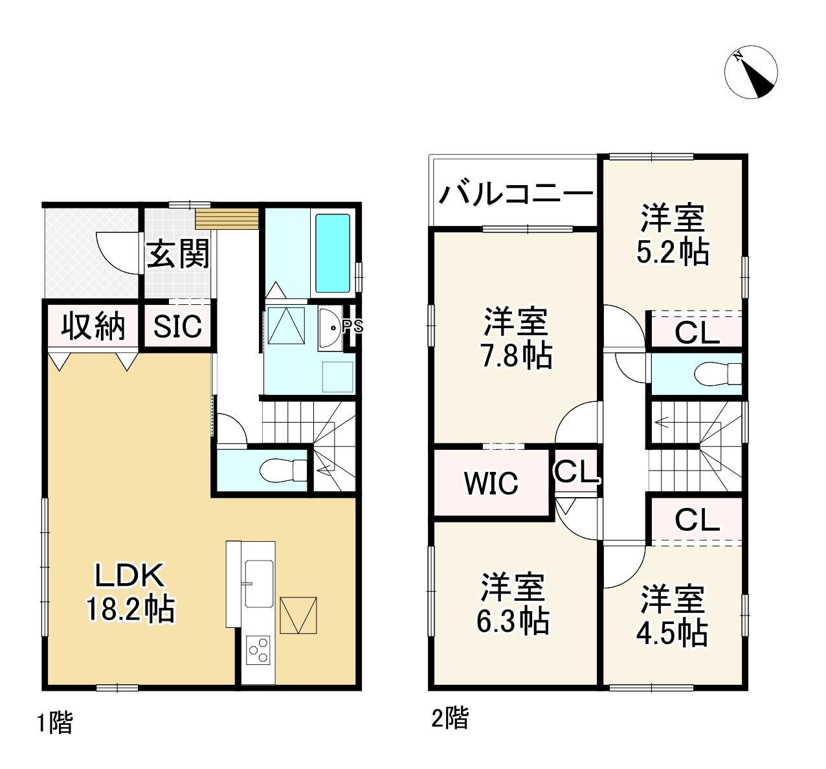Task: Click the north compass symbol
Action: click(x=750, y=72)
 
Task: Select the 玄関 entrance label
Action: click(x=178, y=253)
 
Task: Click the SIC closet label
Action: click(x=177, y=327)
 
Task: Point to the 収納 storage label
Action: click(x=93, y=326)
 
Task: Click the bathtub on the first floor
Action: click(x=333, y=253)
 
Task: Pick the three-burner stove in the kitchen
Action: click(x=258, y=650)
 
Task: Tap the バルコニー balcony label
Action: click(x=516, y=193)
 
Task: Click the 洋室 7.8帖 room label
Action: click(x=516, y=339)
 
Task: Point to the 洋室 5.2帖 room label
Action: click(x=673, y=234)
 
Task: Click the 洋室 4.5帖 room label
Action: click(x=672, y=616)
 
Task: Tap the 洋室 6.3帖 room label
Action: click(x=513, y=603)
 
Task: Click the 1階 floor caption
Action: click(x=55, y=722)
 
